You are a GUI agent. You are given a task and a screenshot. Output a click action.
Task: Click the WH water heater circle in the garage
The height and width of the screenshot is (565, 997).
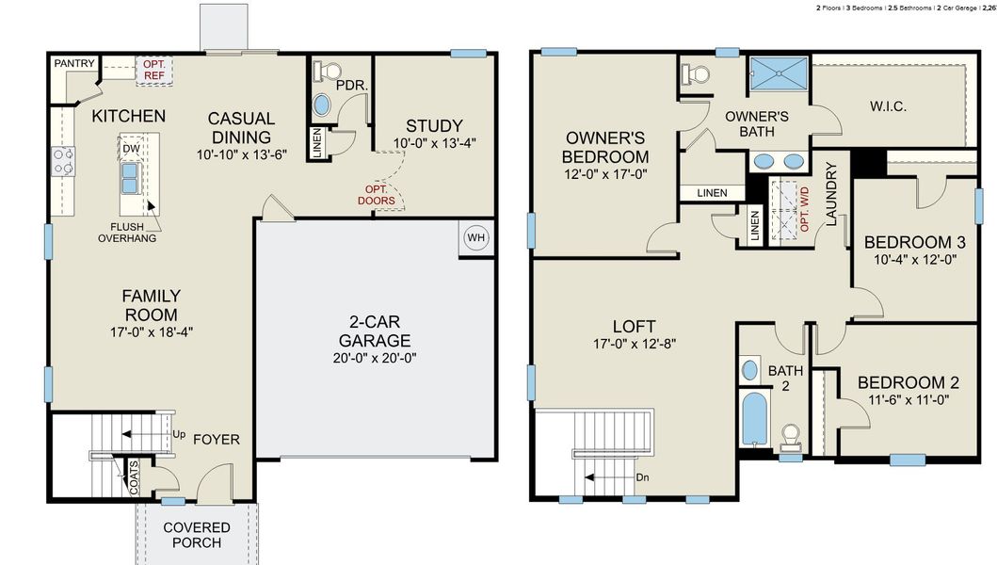(x=475, y=237)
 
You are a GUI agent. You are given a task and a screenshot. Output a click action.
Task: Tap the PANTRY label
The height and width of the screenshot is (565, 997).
(x=74, y=63)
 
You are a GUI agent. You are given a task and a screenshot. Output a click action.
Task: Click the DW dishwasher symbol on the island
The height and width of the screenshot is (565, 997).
(x=131, y=149)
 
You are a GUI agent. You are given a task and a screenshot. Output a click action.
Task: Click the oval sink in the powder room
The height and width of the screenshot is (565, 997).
(x=322, y=104)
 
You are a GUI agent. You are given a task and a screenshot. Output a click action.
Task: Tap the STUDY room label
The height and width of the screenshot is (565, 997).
(x=434, y=126)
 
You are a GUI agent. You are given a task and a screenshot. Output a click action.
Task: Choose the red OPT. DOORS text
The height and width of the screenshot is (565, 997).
(x=376, y=194)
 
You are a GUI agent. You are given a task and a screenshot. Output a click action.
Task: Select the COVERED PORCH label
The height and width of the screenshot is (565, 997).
(x=197, y=535)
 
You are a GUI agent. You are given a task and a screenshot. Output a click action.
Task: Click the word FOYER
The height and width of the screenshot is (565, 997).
(x=217, y=440)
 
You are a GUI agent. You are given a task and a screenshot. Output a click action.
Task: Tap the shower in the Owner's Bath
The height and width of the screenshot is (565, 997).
(x=778, y=72)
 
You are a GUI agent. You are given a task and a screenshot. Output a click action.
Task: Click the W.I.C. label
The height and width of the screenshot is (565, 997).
(x=888, y=106)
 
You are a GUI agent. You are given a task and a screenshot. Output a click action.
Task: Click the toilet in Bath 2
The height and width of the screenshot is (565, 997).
(x=791, y=435)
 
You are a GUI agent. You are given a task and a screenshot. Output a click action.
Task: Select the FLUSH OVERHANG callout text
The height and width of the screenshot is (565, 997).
(x=126, y=232)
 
